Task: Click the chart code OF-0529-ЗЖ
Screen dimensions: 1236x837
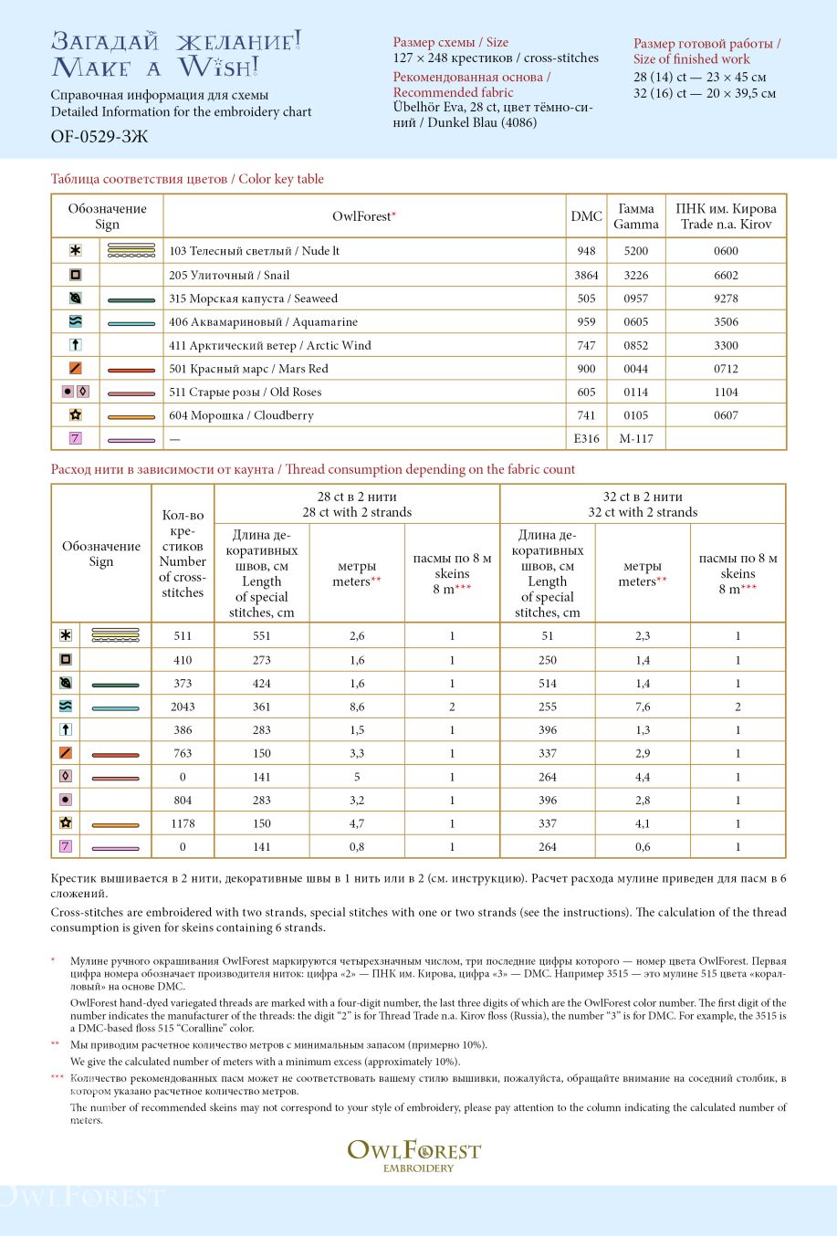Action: pos(99,137)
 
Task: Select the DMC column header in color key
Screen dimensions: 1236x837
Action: pos(586,216)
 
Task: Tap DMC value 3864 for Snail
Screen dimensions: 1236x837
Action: pos(586,275)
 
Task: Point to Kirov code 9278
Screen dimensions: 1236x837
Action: pos(726,299)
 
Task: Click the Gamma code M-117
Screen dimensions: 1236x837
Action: pos(635,439)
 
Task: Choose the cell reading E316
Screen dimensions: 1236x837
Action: pos(586,439)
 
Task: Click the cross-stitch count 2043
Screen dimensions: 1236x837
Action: pos(183,707)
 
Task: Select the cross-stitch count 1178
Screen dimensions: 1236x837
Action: pos(183,823)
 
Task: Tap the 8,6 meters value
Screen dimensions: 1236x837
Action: pos(357,707)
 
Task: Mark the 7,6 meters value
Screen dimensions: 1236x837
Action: pos(643,707)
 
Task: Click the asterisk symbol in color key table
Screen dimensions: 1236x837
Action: pos(76,250)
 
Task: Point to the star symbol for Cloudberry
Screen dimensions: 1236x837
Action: pos(76,415)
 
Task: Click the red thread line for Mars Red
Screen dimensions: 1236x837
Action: pos(131,370)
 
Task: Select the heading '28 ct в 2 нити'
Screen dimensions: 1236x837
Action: pos(357,497)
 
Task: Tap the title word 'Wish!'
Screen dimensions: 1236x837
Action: pos(219,67)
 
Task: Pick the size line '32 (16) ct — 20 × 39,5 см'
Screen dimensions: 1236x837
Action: pos(705,93)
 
